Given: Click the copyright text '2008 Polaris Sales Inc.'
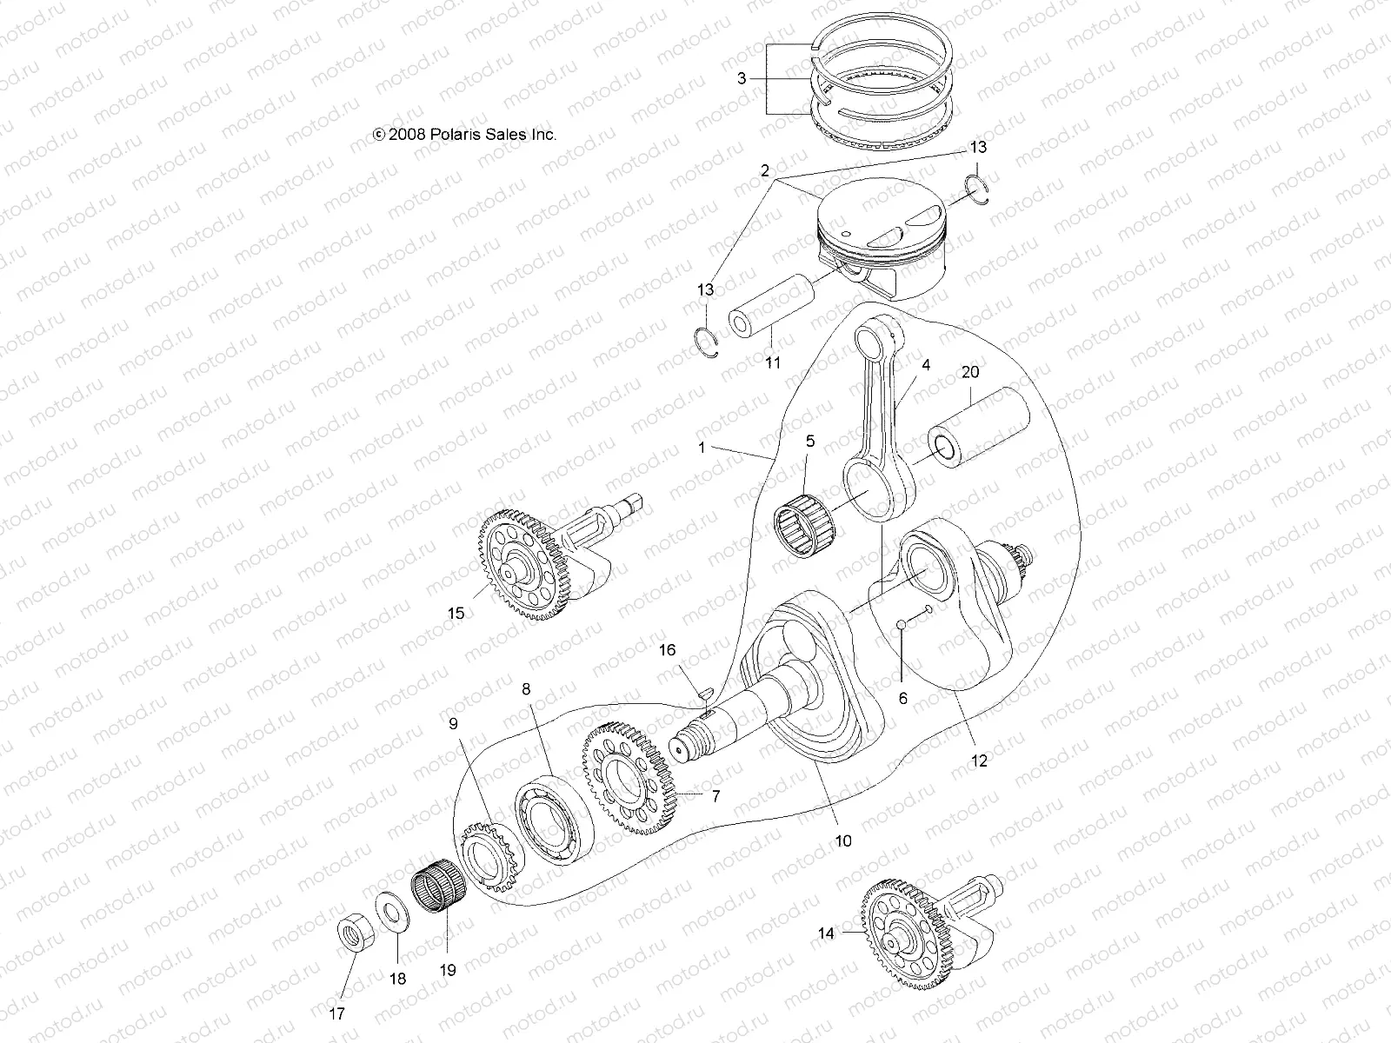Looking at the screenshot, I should (464, 135).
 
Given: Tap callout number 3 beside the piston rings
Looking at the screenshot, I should (742, 79).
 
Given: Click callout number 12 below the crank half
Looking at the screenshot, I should (979, 761).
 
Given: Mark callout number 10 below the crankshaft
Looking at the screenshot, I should (843, 840).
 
